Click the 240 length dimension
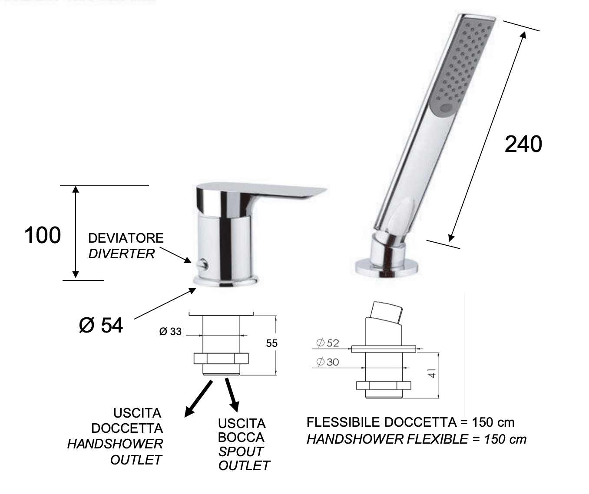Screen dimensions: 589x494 click(x=523, y=144)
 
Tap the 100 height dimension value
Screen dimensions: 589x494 click(x=43, y=235)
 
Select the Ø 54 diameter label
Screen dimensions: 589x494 click(x=101, y=325)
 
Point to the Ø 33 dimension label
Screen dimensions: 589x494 click(x=170, y=332)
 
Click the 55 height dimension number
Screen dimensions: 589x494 click(x=271, y=343)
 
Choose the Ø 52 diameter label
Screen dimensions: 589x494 click(x=328, y=343)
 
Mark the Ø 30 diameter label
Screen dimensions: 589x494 click(x=328, y=362)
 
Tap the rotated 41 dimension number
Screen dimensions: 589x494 click(x=432, y=373)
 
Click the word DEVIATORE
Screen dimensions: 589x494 click(x=126, y=238)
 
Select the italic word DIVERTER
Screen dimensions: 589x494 click(x=122, y=254)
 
